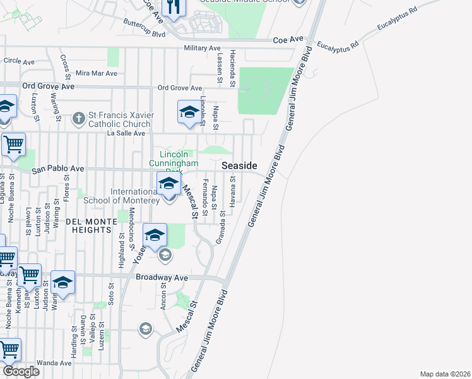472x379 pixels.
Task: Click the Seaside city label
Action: (x=239, y=165)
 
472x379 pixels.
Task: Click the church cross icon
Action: (x=78, y=117)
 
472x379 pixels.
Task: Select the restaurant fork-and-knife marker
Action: (x=174, y=7)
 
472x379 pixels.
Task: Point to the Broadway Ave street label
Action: (x=162, y=277)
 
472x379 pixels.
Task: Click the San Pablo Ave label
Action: (x=58, y=169)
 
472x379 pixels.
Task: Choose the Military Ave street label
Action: (x=202, y=48)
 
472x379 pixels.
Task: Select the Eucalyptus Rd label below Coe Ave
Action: (x=338, y=45)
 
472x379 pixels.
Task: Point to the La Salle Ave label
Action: (x=126, y=133)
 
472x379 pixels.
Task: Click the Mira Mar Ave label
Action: (x=97, y=73)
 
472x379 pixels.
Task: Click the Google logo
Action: (x=21, y=371)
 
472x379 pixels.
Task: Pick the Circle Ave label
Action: (x=19, y=61)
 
